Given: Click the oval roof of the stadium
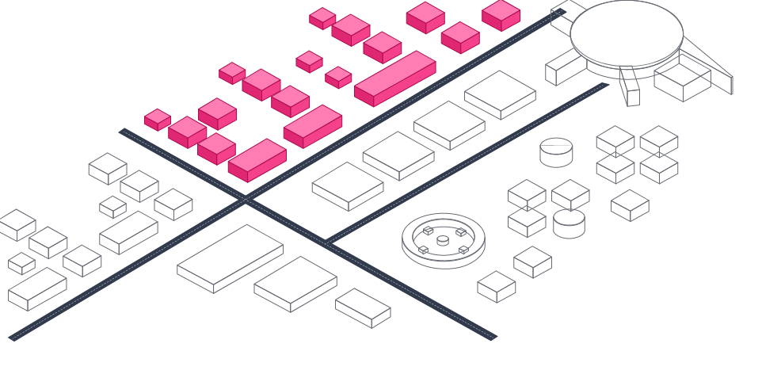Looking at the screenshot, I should click(x=626, y=32).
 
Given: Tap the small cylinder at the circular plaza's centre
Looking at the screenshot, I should click(x=443, y=240).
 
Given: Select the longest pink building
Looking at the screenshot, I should click(x=394, y=78).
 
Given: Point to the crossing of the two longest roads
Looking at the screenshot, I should click(x=246, y=201).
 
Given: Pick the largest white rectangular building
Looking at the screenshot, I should click(x=230, y=257).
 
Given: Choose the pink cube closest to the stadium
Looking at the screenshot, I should click(x=501, y=14).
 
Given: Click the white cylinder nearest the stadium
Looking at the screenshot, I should click(x=556, y=151).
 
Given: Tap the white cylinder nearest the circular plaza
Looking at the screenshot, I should click(x=569, y=223).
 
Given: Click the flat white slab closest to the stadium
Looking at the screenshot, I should click(x=500, y=94).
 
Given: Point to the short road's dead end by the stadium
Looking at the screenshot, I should click(x=604, y=85).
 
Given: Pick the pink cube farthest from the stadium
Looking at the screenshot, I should click(x=158, y=120).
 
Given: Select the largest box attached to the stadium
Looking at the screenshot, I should click(x=682, y=82).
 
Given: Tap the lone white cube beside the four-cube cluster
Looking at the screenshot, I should click(x=630, y=205).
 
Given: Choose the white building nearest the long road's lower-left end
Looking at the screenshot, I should click(x=36, y=288).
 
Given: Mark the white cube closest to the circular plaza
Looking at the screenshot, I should click(x=497, y=286).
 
